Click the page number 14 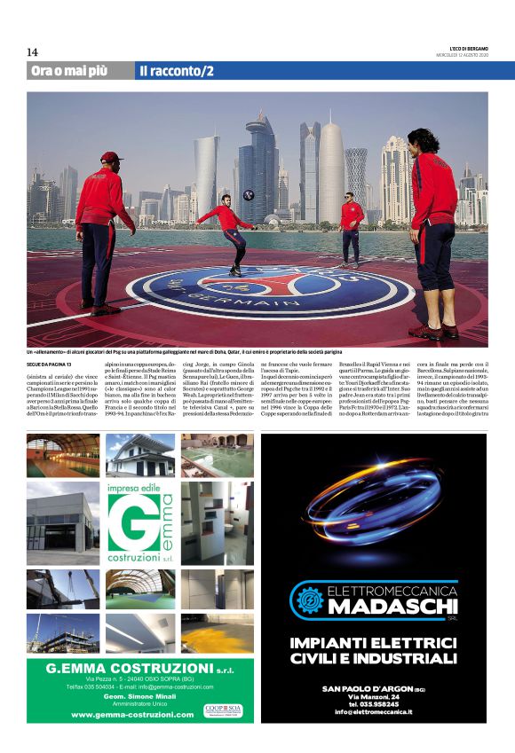pos(33,52)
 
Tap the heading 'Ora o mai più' pos(72,71)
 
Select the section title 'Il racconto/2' pos(176,71)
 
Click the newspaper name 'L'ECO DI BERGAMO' pos(468,48)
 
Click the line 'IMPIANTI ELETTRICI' pos(374,641)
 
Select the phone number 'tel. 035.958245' pos(374,703)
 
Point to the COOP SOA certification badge pos(222,710)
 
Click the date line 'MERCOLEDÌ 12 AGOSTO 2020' pos(463,55)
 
